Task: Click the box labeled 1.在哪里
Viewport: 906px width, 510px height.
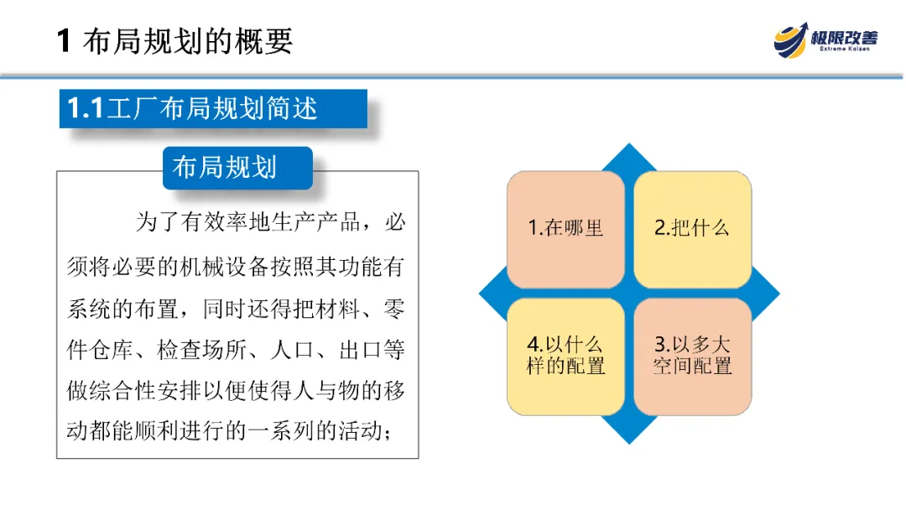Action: [565, 229]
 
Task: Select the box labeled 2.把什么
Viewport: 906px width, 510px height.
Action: [692, 229]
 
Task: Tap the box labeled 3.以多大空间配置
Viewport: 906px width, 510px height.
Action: [692, 356]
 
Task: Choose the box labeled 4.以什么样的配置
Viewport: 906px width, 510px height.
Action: [565, 356]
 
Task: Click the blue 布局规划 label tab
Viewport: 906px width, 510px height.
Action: [224, 167]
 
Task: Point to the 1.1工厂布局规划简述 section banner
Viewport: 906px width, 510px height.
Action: [213, 108]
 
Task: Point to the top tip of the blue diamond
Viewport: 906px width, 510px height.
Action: [629, 149]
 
